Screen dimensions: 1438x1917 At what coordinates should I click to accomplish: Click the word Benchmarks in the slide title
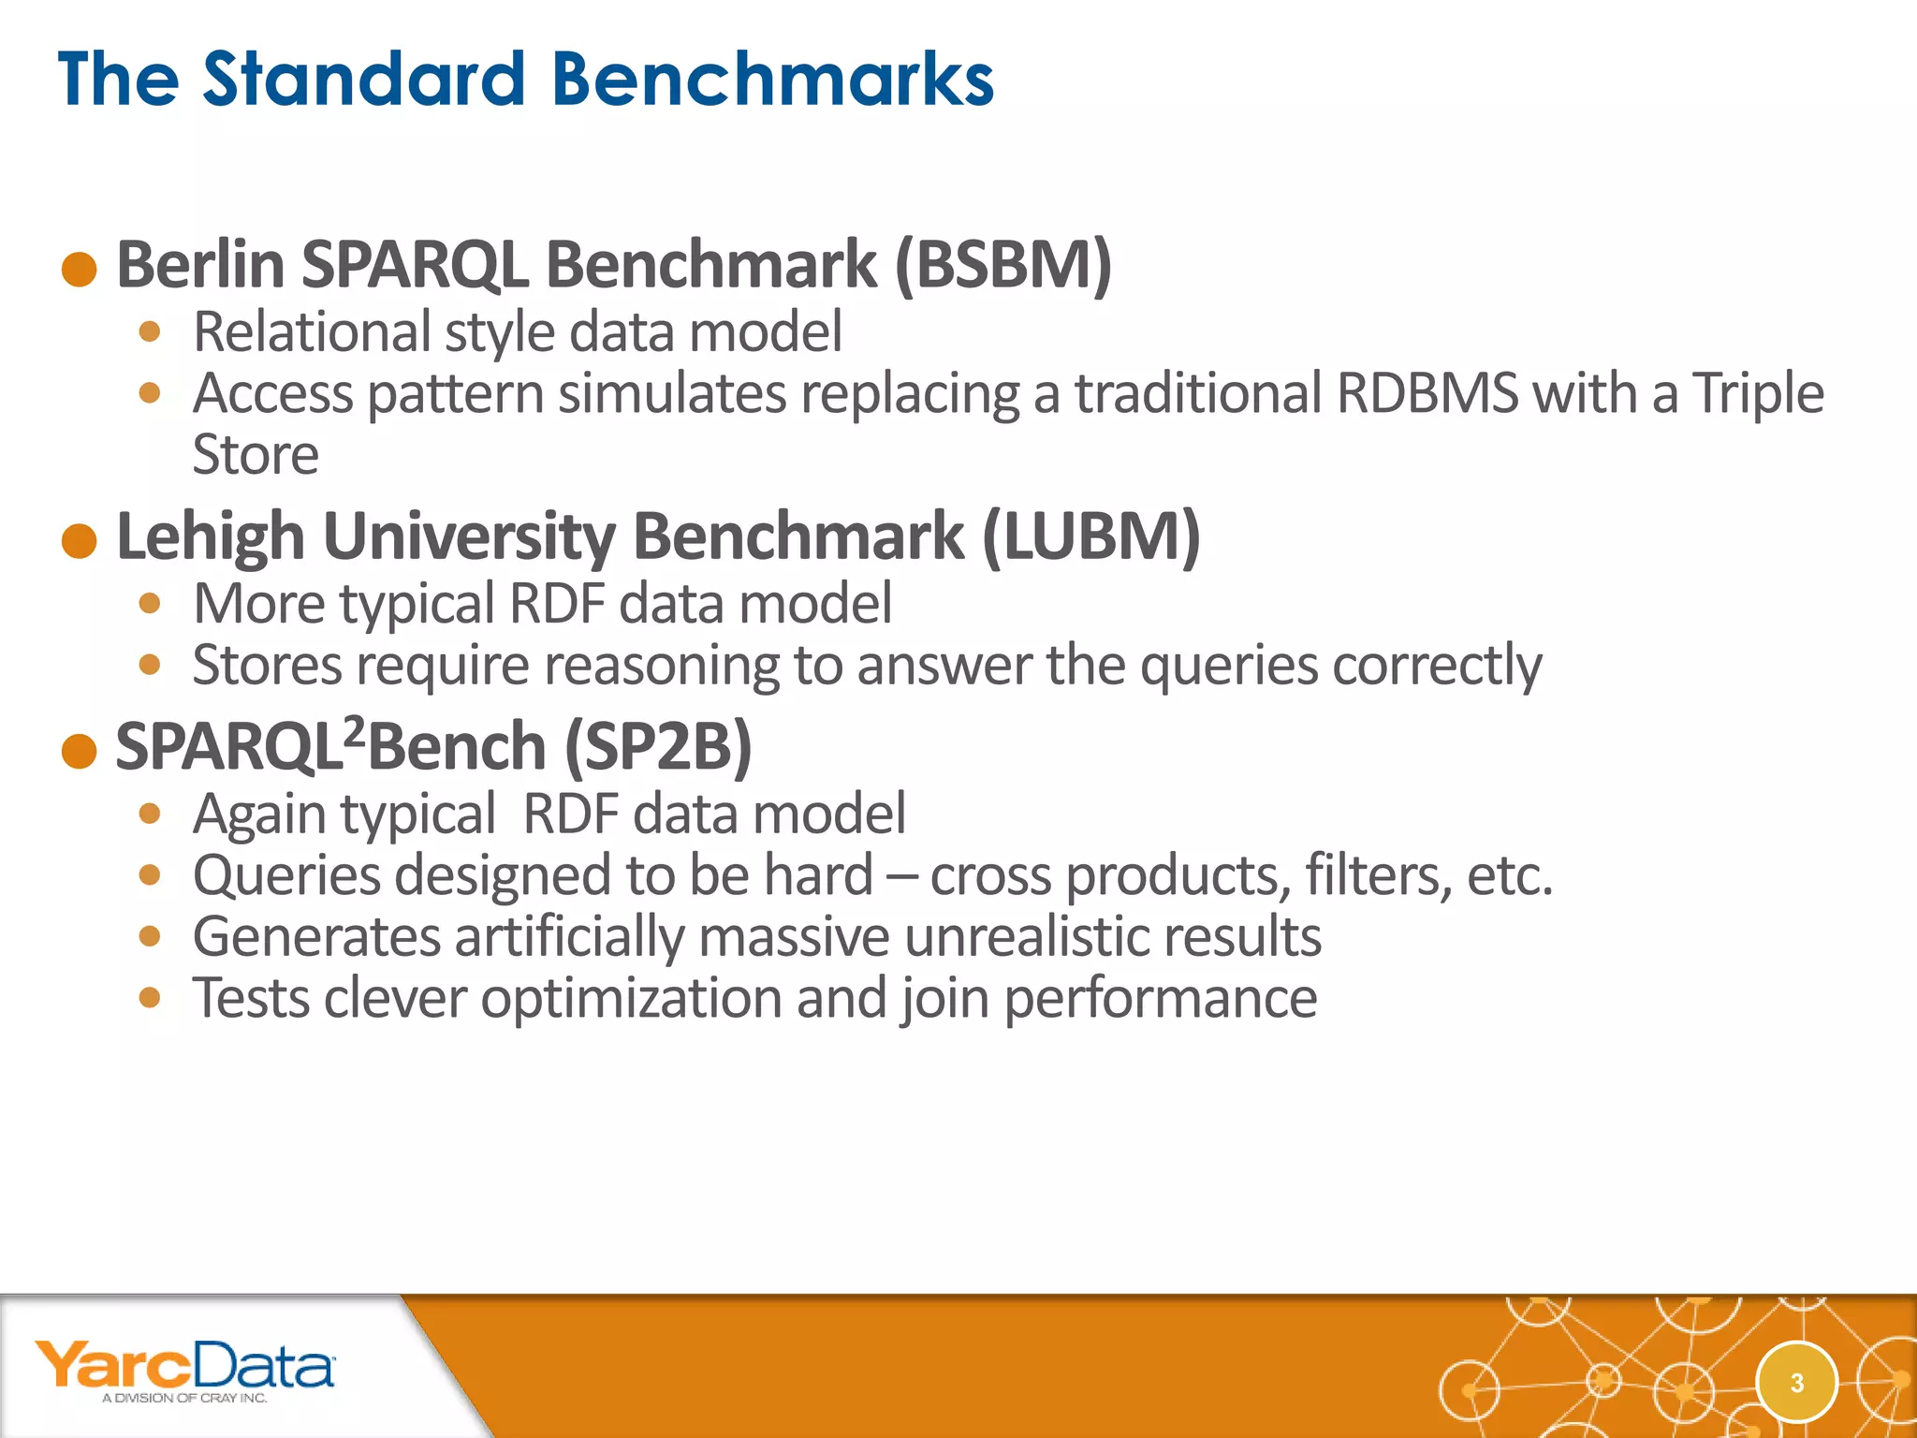click(x=773, y=79)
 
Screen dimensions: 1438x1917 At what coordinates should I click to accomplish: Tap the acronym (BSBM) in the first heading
click(x=1003, y=265)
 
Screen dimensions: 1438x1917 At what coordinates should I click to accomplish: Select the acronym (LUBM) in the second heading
click(x=1090, y=536)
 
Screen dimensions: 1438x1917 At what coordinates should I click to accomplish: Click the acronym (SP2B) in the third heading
click(x=658, y=747)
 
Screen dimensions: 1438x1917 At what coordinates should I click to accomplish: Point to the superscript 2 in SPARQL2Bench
click(x=353, y=730)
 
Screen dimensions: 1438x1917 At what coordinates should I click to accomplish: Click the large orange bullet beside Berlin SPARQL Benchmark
click(x=80, y=270)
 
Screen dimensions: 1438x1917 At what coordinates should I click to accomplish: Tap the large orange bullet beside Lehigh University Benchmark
click(x=80, y=541)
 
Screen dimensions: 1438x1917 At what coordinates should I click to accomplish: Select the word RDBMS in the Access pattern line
click(x=1427, y=393)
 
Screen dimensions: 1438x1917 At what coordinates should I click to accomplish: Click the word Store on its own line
click(x=256, y=455)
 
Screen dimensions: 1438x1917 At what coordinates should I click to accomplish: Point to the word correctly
click(x=1437, y=667)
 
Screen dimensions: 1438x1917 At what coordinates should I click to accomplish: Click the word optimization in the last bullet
click(x=631, y=998)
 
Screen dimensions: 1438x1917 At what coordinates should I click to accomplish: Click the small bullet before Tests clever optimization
click(x=150, y=997)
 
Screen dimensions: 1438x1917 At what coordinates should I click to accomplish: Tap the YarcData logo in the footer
click(x=184, y=1366)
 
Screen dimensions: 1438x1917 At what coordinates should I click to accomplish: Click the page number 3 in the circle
click(x=1796, y=1383)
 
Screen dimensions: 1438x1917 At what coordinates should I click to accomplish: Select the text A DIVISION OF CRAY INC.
click(x=184, y=1399)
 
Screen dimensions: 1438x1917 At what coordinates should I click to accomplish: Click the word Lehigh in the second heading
click(x=211, y=537)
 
